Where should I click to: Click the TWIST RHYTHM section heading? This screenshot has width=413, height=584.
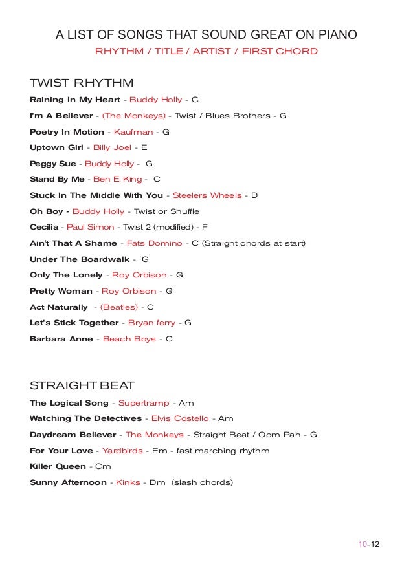tap(82, 83)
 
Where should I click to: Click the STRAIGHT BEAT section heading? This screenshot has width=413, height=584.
tap(82, 386)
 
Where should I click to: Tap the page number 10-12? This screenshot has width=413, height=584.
tap(368, 544)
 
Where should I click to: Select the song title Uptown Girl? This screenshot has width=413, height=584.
tap(57, 147)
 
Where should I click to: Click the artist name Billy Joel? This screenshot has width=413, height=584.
tap(112, 147)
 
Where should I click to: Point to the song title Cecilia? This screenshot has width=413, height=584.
tap(44, 227)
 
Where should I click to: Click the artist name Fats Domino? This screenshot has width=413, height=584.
tap(154, 243)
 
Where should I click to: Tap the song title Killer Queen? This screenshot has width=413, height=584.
tap(58, 466)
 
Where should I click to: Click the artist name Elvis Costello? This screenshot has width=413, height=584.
tap(180, 418)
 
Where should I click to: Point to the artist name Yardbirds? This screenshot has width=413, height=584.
tap(122, 450)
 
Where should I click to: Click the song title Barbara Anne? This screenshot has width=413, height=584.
tap(61, 339)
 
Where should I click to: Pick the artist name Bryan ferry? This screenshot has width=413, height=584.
tap(151, 323)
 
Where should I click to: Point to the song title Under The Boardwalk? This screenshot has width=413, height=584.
tap(80, 259)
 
